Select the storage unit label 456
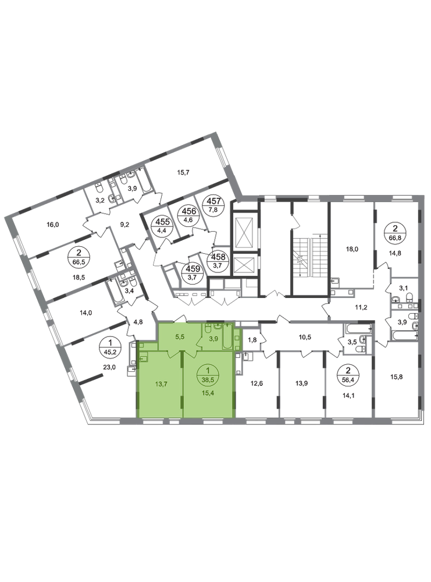pyautogui.click(x=188, y=211)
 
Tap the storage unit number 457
pyautogui.click(x=213, y=201)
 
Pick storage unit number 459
pyautogui.click(x=193, y=269)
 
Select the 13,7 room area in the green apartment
pyautogui.click(x=161, y=384)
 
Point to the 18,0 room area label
pyautogui.click(x=352, y=249)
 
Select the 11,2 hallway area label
pyautogui.click(x=361, y=307)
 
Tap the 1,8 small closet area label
pyautogui.click(x=252, y=340)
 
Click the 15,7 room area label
pyautogui.click(x=183, y=172)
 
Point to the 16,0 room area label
pyautogui.click(x=53, y=225)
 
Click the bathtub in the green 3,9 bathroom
pyautogui.click(x=227, y=337)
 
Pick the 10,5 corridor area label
pyautogui.click(x=305, y=337)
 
